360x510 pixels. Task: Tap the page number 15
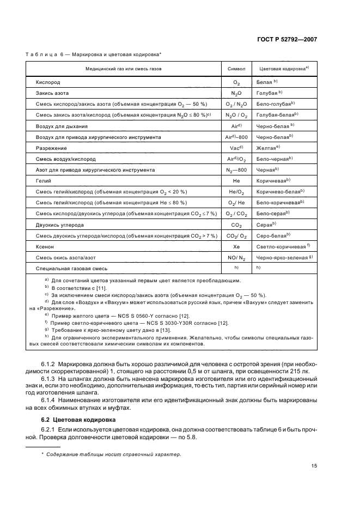314,465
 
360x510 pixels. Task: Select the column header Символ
236,70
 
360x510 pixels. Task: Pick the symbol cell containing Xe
236,247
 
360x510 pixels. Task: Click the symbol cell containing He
236,180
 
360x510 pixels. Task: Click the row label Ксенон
45,247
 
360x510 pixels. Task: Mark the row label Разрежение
51,147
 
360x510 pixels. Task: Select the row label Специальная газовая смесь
71,269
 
